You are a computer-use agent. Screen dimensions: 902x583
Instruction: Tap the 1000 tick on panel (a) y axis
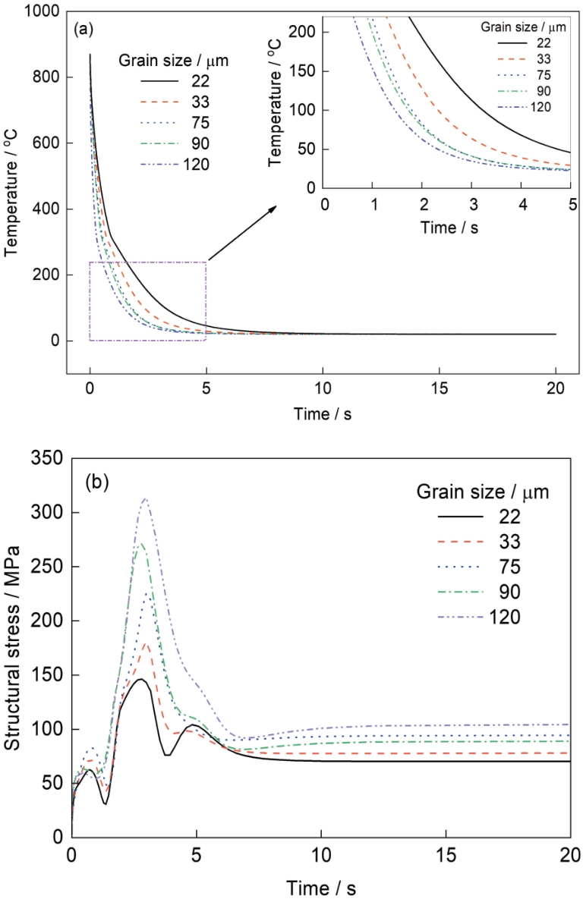[x=45, y=11]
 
